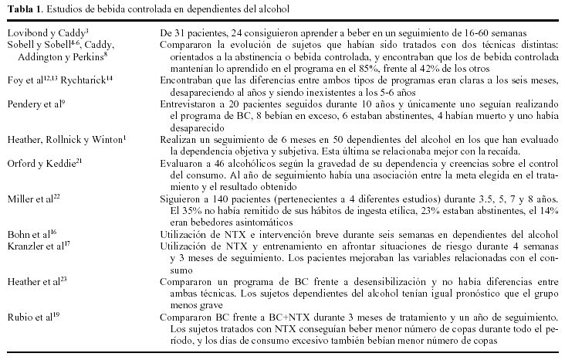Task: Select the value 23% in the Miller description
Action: tap(418, 210)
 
